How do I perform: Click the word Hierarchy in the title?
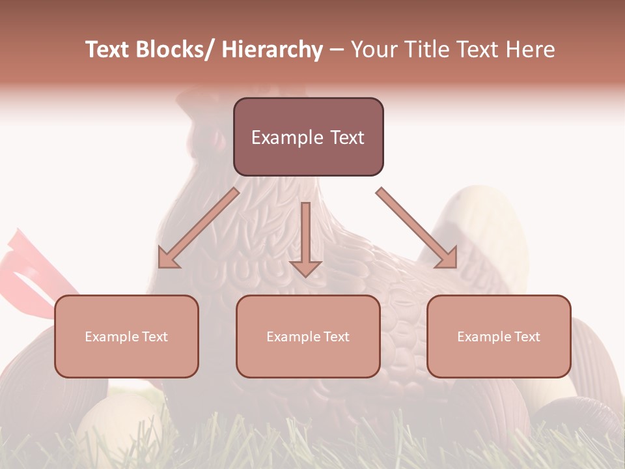(x=272, y=50)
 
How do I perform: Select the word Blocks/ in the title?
(x=176, y=50)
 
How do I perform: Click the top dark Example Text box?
(x=308, y=137)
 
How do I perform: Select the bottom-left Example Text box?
(x=126, y=336)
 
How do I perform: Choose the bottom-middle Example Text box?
(x=308, y=336)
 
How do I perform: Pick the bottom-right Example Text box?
(x=499, y=336)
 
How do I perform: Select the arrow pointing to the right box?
(x=417, y=228)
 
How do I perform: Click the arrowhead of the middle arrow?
(x=306, y=268)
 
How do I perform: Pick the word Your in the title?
(x=371, y=50)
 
